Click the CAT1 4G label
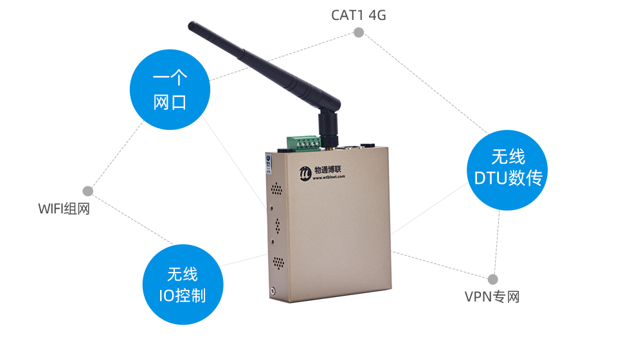pyautogui.click(x=358, y=15)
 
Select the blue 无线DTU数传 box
pyautogui.click(x=507, y=170)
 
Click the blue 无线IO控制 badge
pyautogui.click(x=183, y=285)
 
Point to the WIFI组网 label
pyautogui.click(x=64, y=208)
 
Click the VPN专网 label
pyautogui.click(x=491, y=296)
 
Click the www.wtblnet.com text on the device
pyautogui.click(x=328, y=179)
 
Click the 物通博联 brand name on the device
pyautogui.click(x=329, y=170)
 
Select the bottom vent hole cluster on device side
pyautogui.click(x=278, y=262)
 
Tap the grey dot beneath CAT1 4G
pyautogui.click(x=359, y=32)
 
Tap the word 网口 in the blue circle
pyautogui.click(x=170, y=102)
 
